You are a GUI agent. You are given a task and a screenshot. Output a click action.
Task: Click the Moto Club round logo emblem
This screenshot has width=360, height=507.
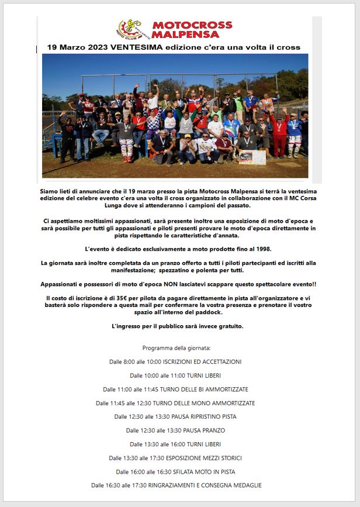pyautogui.click(x=129, y=29)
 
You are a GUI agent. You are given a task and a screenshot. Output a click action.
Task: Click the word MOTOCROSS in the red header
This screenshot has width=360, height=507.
pyautogui.click(x=192, y=25)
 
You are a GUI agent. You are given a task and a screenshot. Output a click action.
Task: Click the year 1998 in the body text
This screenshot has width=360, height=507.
pyautogui.click(x=258, y=249)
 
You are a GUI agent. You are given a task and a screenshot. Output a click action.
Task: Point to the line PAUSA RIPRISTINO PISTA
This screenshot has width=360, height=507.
pyautogui.click(x=203, y=416)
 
